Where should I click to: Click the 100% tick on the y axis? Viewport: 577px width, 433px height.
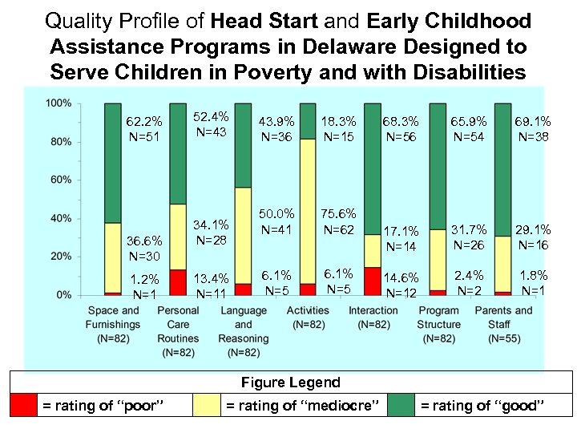[x=59, y=103]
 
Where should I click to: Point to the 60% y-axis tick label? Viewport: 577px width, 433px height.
[x=61, y=180]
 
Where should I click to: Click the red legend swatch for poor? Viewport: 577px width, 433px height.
[x=22, y=406]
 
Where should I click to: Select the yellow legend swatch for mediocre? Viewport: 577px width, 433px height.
[x=207, y=406]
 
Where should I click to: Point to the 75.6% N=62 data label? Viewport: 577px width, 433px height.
[x=337, y=222]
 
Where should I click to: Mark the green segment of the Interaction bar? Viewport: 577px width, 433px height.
[x=372, y=168]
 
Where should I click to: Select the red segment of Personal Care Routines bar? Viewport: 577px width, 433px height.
[x=178, y=281]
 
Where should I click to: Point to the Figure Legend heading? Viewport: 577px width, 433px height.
[x=291, y=382]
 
